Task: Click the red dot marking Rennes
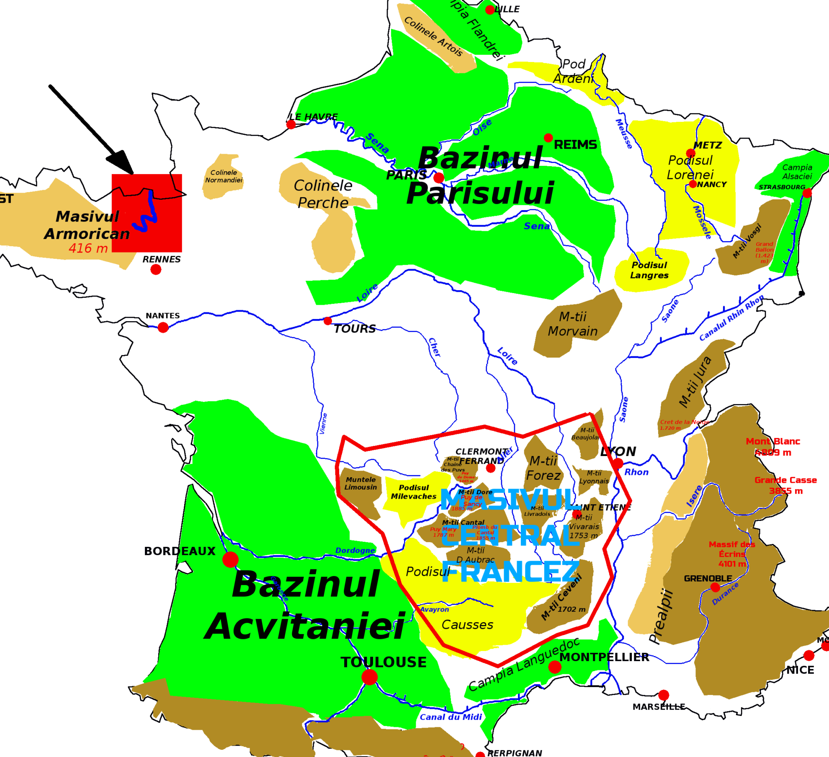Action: tap(156, 270)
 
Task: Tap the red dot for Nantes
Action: tap(163, 327)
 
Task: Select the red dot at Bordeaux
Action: tap(230, 559)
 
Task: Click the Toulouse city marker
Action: tap(369, 677)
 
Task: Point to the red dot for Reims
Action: tap(548, 138)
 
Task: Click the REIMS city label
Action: tap(575, 145)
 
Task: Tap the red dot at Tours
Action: tap(328, 321)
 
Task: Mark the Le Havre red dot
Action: tap(291, 124)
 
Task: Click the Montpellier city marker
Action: tap(555, 667)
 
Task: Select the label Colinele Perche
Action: tap(323, 194)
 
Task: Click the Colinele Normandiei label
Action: tap(224, 176)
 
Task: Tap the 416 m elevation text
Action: tap(88, 248)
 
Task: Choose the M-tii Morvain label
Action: tap(573, 324)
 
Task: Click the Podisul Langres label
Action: tap(649, 270)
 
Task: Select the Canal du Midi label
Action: tap(451, 717)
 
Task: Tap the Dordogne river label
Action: tap(355, 551)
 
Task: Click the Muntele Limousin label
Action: tap(360, 484)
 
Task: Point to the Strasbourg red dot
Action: tap(807, 193)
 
